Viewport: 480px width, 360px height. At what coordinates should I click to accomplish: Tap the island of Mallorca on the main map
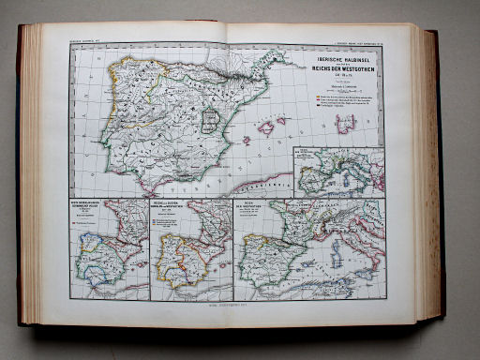click(x=267, y=127)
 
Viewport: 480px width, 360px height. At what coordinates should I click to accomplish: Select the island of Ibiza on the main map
click(x=246, y=141)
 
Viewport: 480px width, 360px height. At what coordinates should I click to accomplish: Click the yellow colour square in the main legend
click(x=317, y=97)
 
